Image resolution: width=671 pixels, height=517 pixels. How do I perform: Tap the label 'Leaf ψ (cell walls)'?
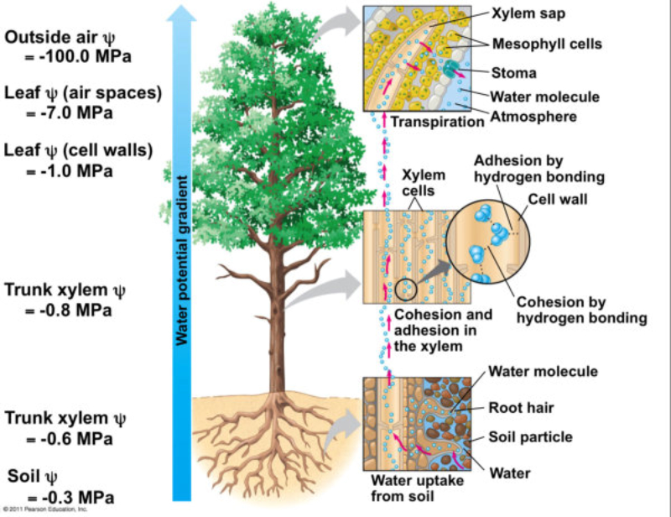pyautogui.click(x=79, y=151)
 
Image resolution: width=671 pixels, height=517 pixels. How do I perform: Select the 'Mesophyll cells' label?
pyautogui.click(x=549, y=44)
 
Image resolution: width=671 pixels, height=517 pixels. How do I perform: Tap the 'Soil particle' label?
pyautogui.click(x=531, y=436)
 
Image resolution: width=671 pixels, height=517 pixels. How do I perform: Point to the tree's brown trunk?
pyautogui.click(x=278, y=319)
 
